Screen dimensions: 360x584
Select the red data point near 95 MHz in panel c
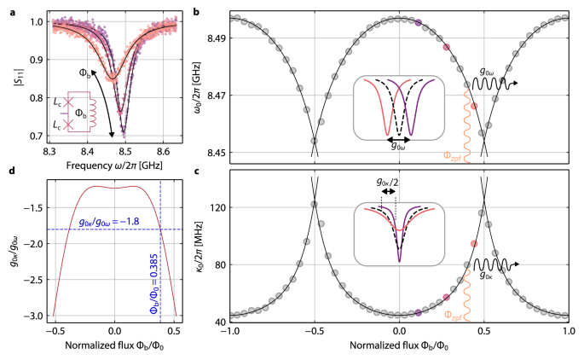(x=473, y=244)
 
